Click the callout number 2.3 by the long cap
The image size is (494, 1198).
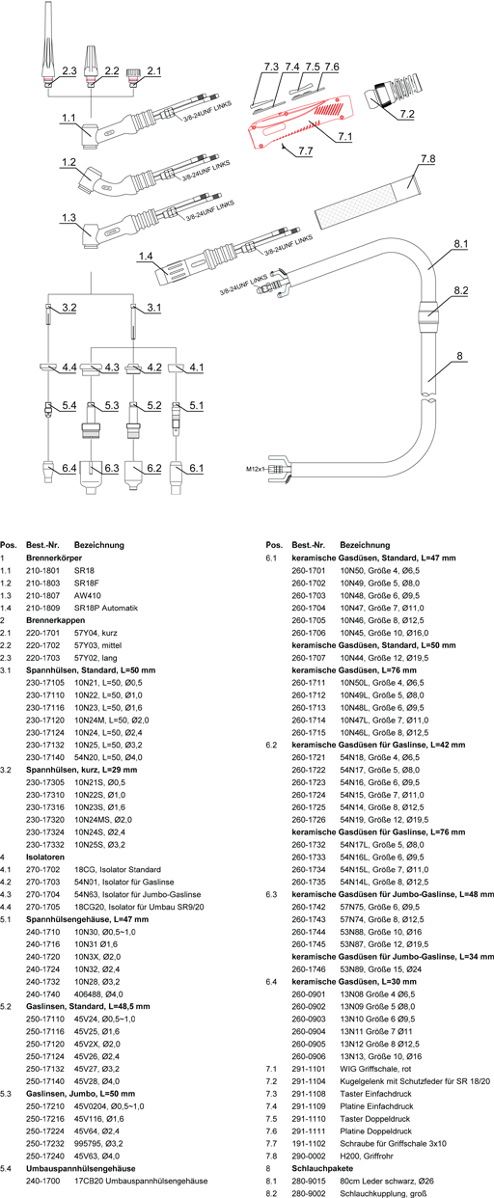[69, 70]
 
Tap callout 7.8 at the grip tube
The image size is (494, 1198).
[428, 158]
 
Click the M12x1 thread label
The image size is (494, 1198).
[256, 469]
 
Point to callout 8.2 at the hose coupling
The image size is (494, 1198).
[461, 290]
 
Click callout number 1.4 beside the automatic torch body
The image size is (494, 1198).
[146, 257]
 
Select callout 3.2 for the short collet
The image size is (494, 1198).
[69, 308]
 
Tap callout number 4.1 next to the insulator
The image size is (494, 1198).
[197, 368]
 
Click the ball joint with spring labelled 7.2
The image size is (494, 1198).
[395, 91]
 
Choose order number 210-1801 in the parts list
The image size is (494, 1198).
[42, 571]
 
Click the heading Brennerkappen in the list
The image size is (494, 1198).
[56, 620]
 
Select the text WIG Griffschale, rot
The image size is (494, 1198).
[375, 1069]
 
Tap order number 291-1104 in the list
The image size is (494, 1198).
[309, 1081]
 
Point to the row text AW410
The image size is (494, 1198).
[87, 596]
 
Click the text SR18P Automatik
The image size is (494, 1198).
[106, 608]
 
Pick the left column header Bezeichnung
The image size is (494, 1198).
[99, 546]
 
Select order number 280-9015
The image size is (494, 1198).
[309, 1181]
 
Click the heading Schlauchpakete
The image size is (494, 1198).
[322, 1169]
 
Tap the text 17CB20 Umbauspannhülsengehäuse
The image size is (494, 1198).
[141, 1181]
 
